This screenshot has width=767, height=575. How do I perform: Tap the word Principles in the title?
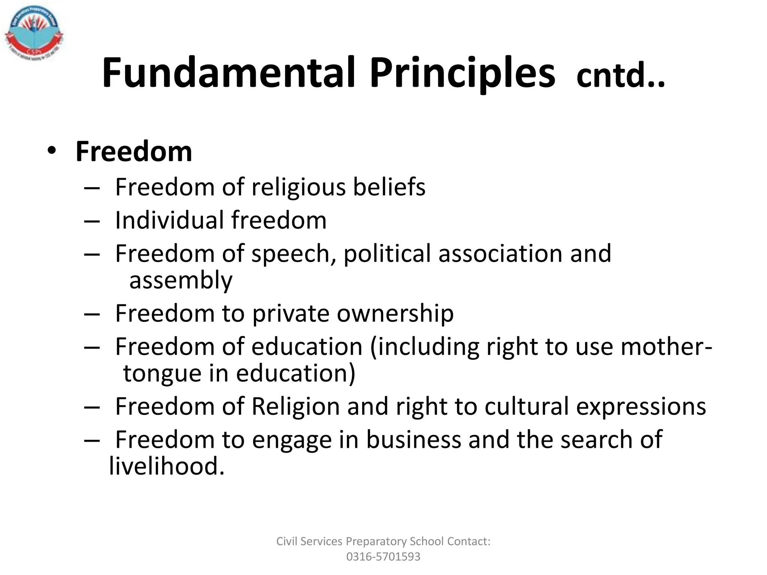point(462,73)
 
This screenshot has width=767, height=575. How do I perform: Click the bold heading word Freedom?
point(134,152)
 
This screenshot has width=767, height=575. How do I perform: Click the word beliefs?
point(389,187)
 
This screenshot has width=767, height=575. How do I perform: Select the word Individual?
point(169,220)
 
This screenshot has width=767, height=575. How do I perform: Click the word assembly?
point(181,280)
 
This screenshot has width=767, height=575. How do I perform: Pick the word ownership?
point(395,313)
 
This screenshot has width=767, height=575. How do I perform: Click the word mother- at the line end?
point(666,347)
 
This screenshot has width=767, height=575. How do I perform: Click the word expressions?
point(641,407)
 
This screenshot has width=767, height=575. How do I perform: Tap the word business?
point(413,439)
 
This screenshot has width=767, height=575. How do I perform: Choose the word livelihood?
point(167,466)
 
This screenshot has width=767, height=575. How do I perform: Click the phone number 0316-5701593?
point(383,557)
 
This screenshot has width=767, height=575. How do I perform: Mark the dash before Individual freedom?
point(92,221)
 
